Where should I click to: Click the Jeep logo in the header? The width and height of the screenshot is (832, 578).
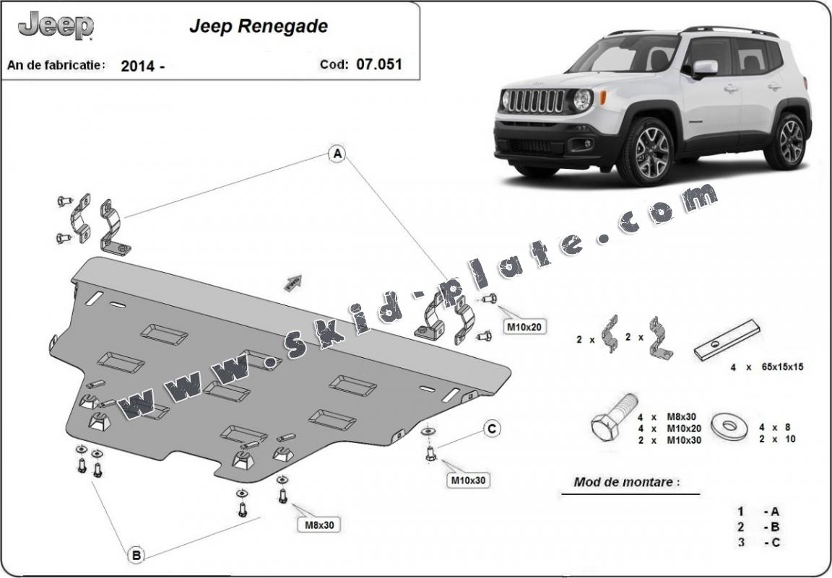56,26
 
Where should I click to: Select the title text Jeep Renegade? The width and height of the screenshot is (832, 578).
258,27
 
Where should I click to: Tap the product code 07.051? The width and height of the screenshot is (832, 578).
378,64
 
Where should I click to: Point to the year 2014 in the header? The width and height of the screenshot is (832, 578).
136,66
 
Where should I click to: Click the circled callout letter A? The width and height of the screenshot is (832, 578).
337,153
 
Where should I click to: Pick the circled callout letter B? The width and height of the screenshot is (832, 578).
136,555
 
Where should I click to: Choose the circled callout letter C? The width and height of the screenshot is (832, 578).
492,429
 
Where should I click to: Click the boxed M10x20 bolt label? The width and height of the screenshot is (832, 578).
524,327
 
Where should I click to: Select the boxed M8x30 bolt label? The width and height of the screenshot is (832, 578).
319,525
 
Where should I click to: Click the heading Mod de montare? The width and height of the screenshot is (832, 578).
626,482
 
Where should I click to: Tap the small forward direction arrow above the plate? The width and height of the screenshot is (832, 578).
294,282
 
